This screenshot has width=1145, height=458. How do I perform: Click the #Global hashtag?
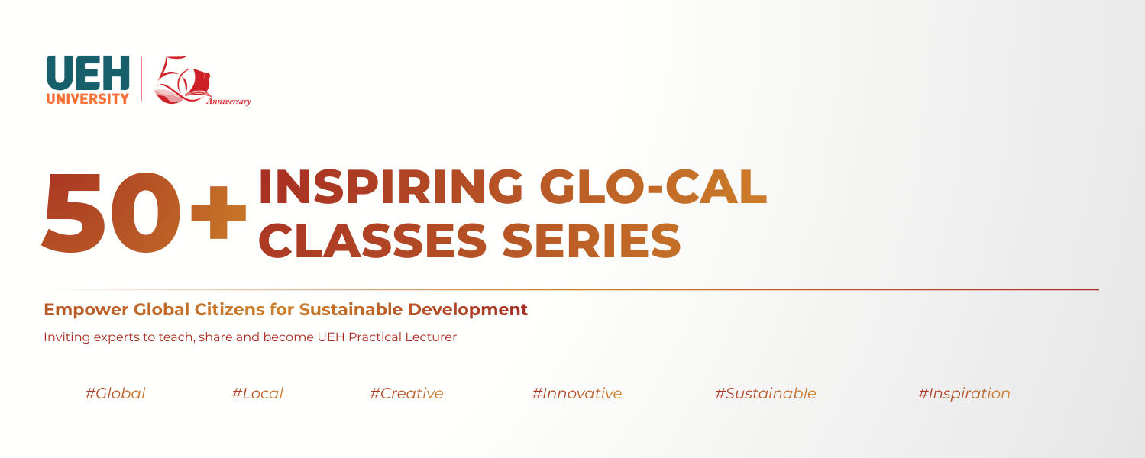coord(115,394)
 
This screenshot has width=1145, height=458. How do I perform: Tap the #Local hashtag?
coord(257,394)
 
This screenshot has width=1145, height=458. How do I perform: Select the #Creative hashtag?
coord(406,394)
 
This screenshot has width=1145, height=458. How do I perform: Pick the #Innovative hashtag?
coord(577,394)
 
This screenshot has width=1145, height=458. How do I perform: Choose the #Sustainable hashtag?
coord(765,394)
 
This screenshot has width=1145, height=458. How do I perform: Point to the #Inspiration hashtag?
coord(964,394)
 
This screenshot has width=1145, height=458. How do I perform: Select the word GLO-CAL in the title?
coord(654,186)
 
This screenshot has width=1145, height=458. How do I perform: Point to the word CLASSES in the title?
coord(374,239)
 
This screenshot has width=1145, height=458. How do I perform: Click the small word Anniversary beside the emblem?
coord(228,101)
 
